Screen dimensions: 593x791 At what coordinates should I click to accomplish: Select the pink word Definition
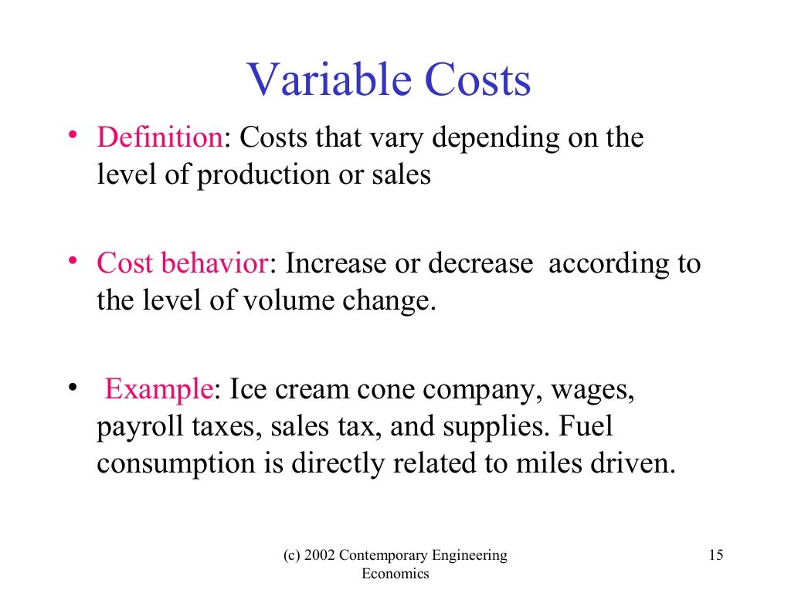[x=160, y=138]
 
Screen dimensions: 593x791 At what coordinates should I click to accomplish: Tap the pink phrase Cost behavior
[x=182, y=264]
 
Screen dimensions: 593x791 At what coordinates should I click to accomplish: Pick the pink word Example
[x=158, y=389]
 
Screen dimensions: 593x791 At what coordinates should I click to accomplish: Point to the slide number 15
[x=715, y=555]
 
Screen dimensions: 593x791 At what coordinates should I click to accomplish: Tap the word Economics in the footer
[x=395, y=574]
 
